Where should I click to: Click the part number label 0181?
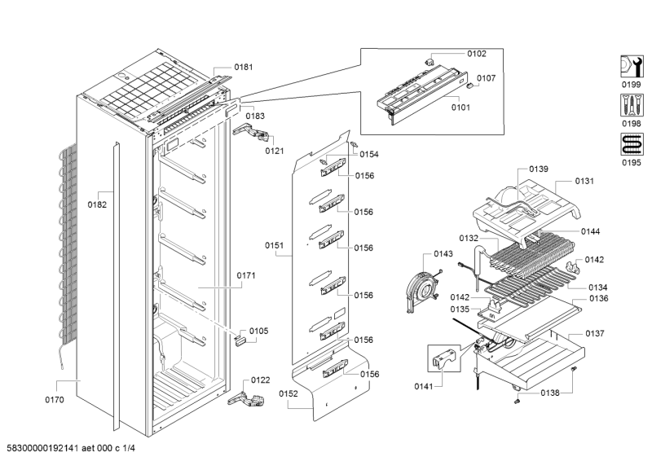click(244, 67)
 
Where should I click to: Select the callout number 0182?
click(97, 205)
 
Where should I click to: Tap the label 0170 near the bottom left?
click(55, 401)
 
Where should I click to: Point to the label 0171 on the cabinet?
click(246, 276)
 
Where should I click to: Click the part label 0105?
click(258, 331)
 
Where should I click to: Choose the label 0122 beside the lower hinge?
click(260, 380)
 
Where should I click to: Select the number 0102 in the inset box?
click(476, 54)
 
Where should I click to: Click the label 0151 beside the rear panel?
click(275, 244)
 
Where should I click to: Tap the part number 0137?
click(594, 334)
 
